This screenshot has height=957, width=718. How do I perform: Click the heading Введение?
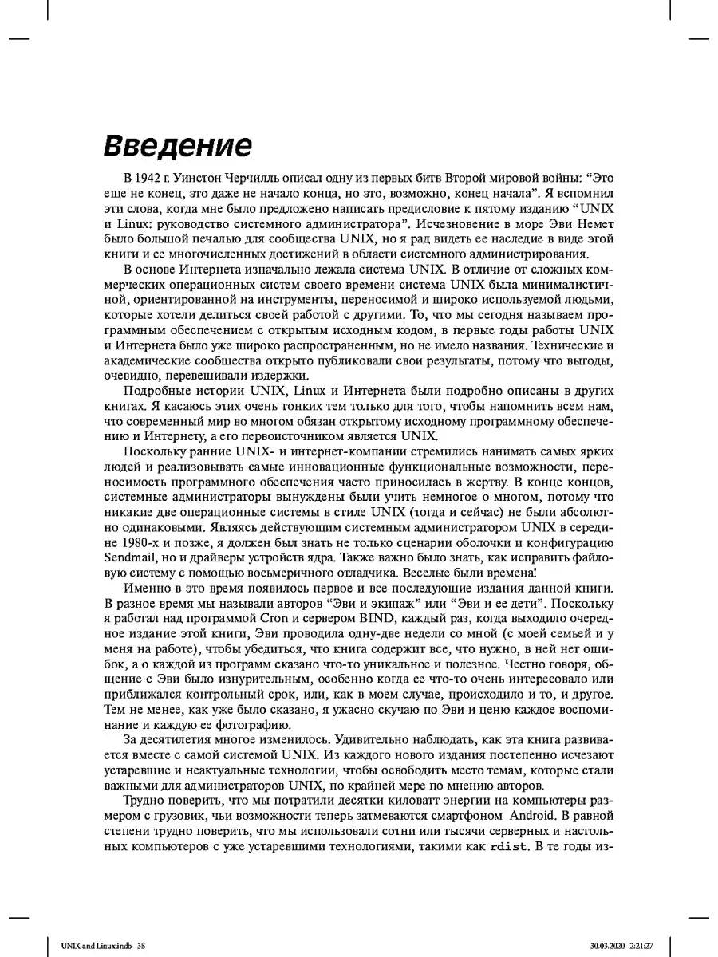178,147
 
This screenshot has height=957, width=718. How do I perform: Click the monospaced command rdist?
508,847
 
